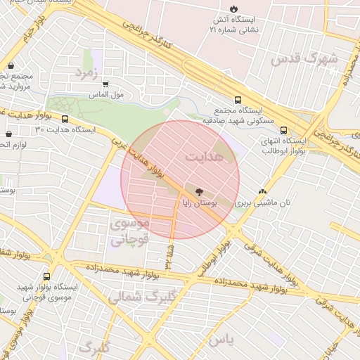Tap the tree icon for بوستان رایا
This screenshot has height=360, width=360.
click(199, 191)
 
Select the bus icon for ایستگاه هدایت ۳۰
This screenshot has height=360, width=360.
click(65, 120)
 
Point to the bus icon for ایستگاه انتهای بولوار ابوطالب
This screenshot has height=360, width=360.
click(283, 130)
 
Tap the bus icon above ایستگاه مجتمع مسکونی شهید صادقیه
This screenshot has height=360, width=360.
click(238, 101)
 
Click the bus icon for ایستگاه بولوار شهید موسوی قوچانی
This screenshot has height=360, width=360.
click(47, 276)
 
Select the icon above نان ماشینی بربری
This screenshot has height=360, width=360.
click(262, 191)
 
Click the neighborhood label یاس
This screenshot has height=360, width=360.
click(219, 340)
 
